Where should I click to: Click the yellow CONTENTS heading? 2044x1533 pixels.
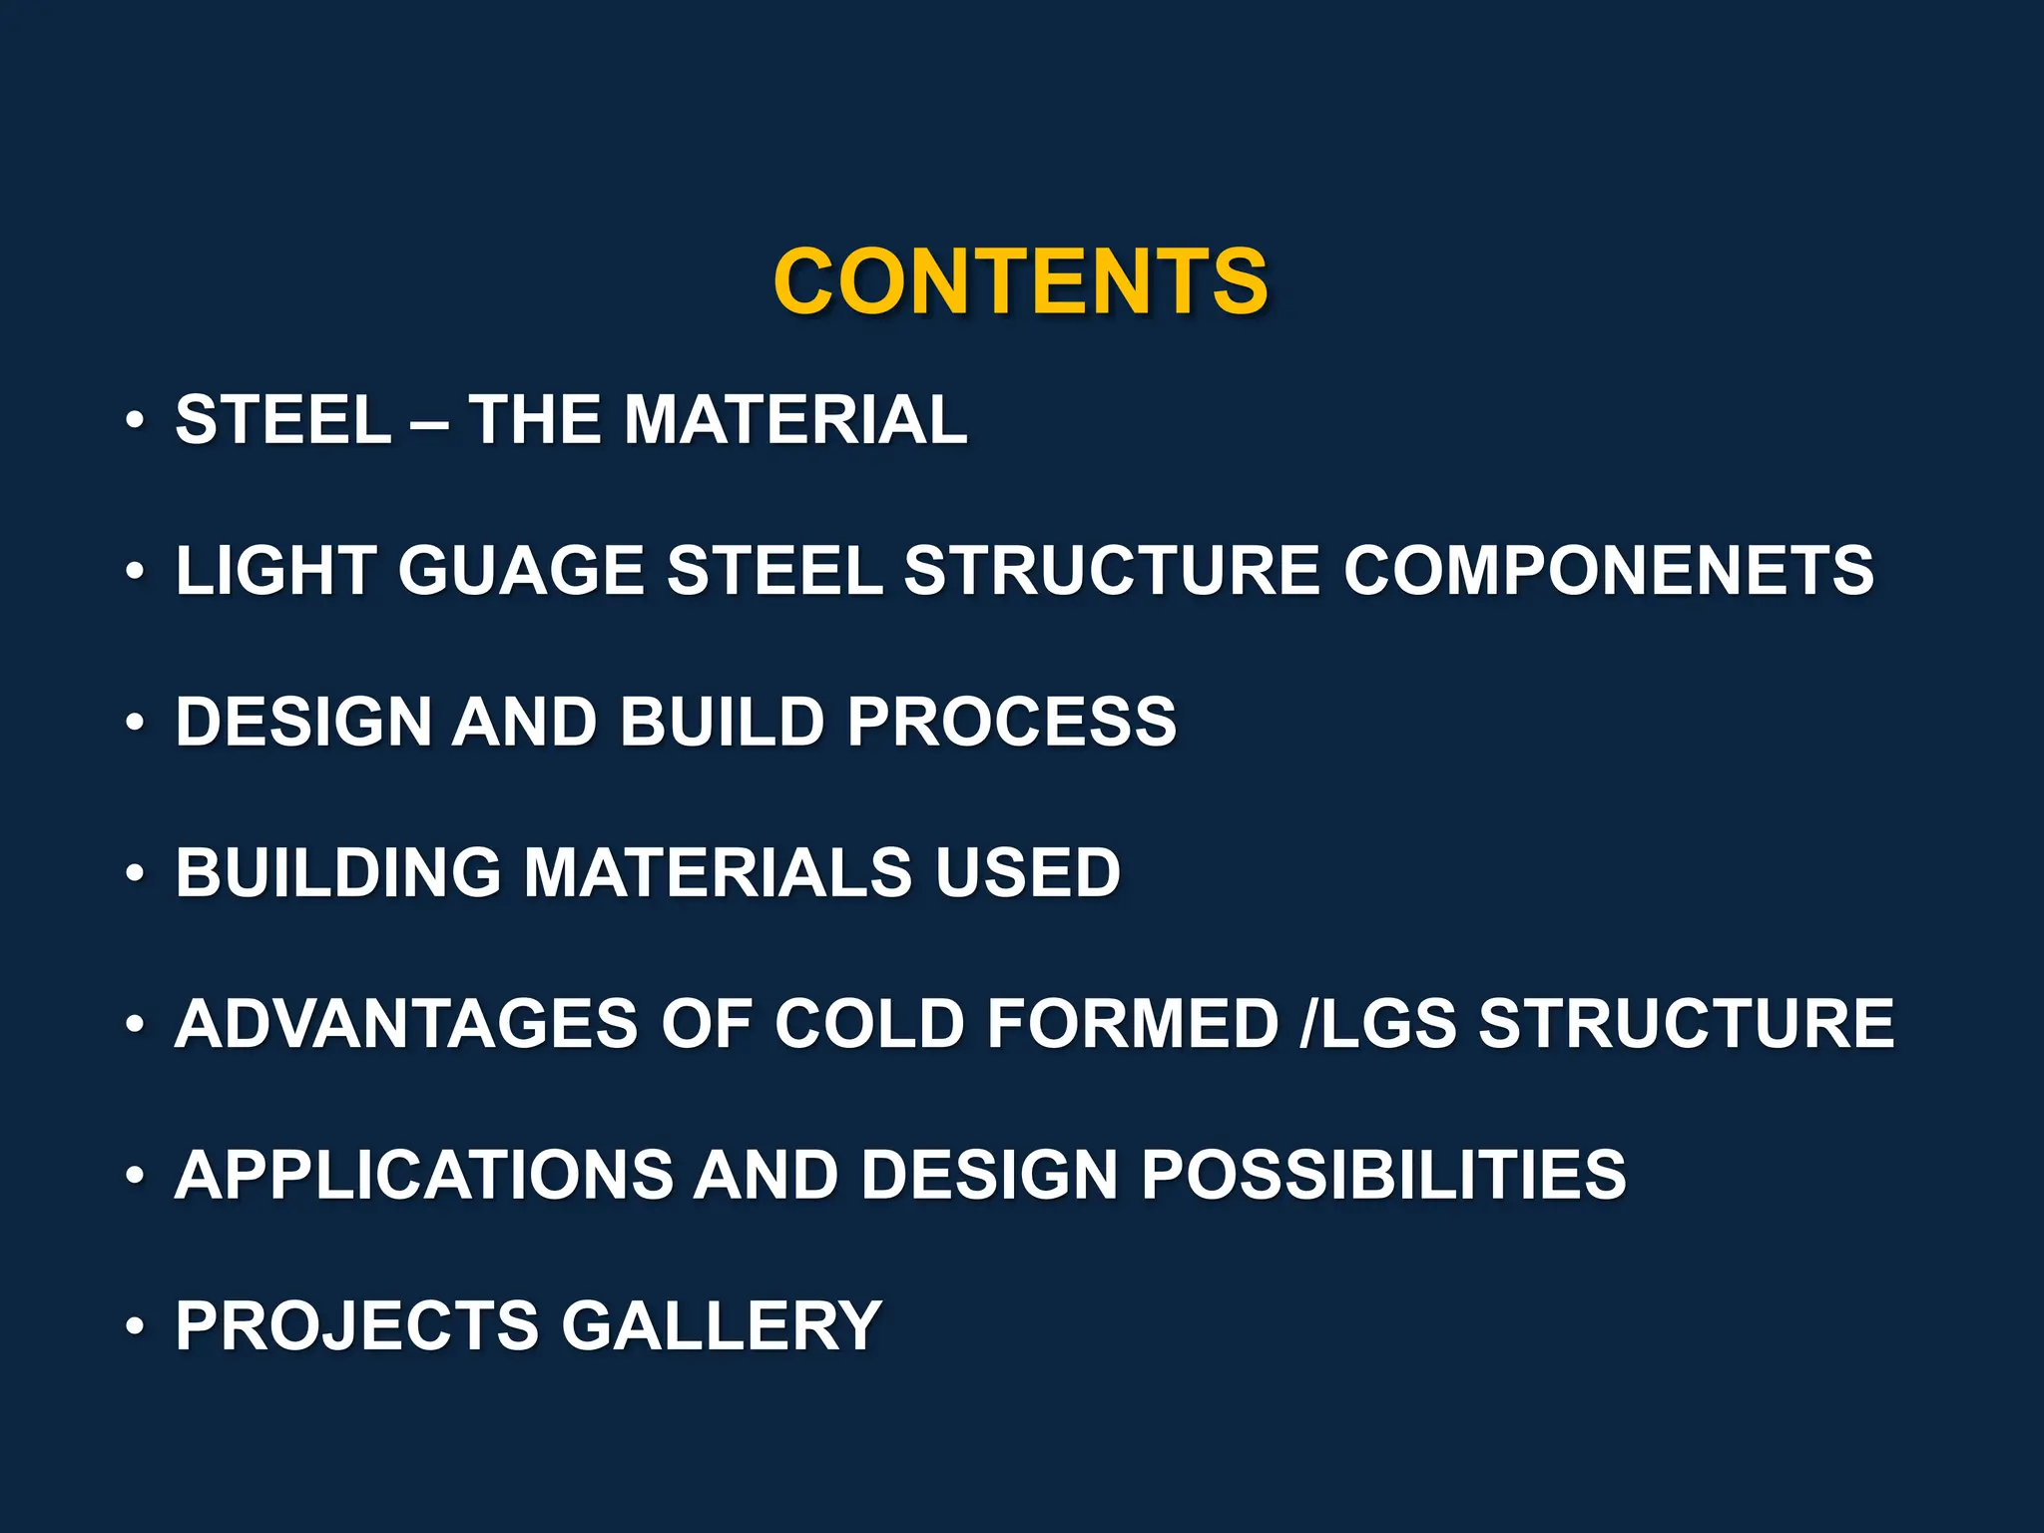1020,281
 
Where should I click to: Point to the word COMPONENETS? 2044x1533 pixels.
1608,571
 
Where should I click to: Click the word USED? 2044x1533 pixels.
1027,872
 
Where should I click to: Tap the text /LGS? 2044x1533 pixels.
1378,1024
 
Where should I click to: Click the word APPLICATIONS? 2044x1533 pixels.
424,1175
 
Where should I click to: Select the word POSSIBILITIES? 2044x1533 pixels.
1383,1175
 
